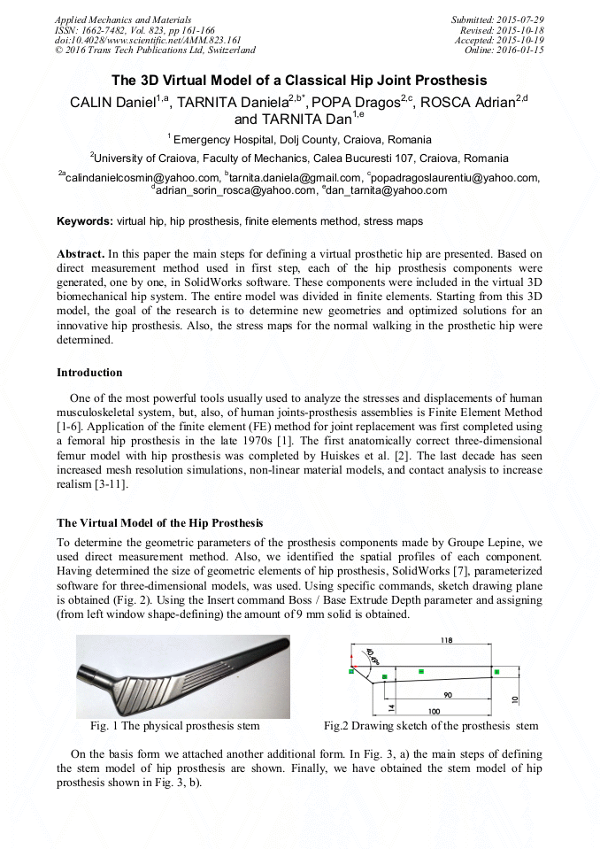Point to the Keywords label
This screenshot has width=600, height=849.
point(85,220)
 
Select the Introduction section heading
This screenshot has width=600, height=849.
point(89,373)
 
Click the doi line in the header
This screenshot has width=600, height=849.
point(148,40)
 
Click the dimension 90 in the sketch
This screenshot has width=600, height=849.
point(448,695)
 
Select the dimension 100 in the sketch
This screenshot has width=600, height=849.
point(435,711)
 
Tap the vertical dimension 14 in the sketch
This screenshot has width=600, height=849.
point(376,697)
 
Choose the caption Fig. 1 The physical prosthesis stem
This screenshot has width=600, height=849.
point(175,726)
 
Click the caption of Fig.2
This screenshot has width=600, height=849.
point(430,726)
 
